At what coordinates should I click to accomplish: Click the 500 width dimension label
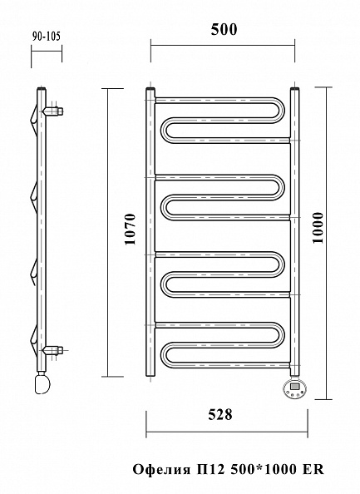(224, 30)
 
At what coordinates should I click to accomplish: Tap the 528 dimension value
(220, 415)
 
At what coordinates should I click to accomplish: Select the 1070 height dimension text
(130, 229)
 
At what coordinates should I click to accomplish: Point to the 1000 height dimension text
(318, 228)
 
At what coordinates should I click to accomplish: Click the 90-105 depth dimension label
(46, 37)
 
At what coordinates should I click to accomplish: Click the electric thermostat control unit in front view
(294, 388)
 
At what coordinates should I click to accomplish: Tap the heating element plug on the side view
(42, 383)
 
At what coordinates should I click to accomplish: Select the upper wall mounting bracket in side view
(53, 111)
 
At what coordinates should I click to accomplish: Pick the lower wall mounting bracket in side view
(53, 349)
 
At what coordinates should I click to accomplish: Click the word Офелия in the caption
(161, 470)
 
